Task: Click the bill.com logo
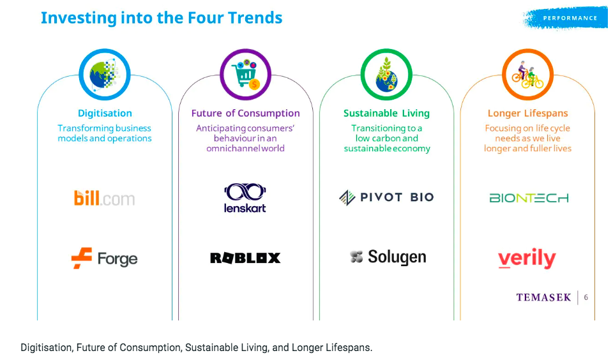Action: click(104, 198)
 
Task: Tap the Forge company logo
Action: click(104, 259)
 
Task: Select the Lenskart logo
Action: click(245, 198)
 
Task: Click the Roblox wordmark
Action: click(245, 258)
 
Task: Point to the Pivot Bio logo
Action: click(386, 197)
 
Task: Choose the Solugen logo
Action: click(388, 257)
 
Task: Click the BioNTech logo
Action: click(529, 198)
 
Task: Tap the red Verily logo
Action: click(527, 259)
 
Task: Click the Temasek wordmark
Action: click(543, 297)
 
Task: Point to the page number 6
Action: click(586, 297)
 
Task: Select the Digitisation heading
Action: click(105, 114)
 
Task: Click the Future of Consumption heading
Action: click(245, 114)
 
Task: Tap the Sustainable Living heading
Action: click(387, 114)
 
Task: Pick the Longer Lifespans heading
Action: click(528, 114)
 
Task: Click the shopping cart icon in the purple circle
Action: click(245, 74)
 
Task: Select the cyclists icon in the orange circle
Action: click(528, 75)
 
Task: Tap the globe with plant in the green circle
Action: click(386, 75)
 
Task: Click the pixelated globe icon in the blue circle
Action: click(104, 74)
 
